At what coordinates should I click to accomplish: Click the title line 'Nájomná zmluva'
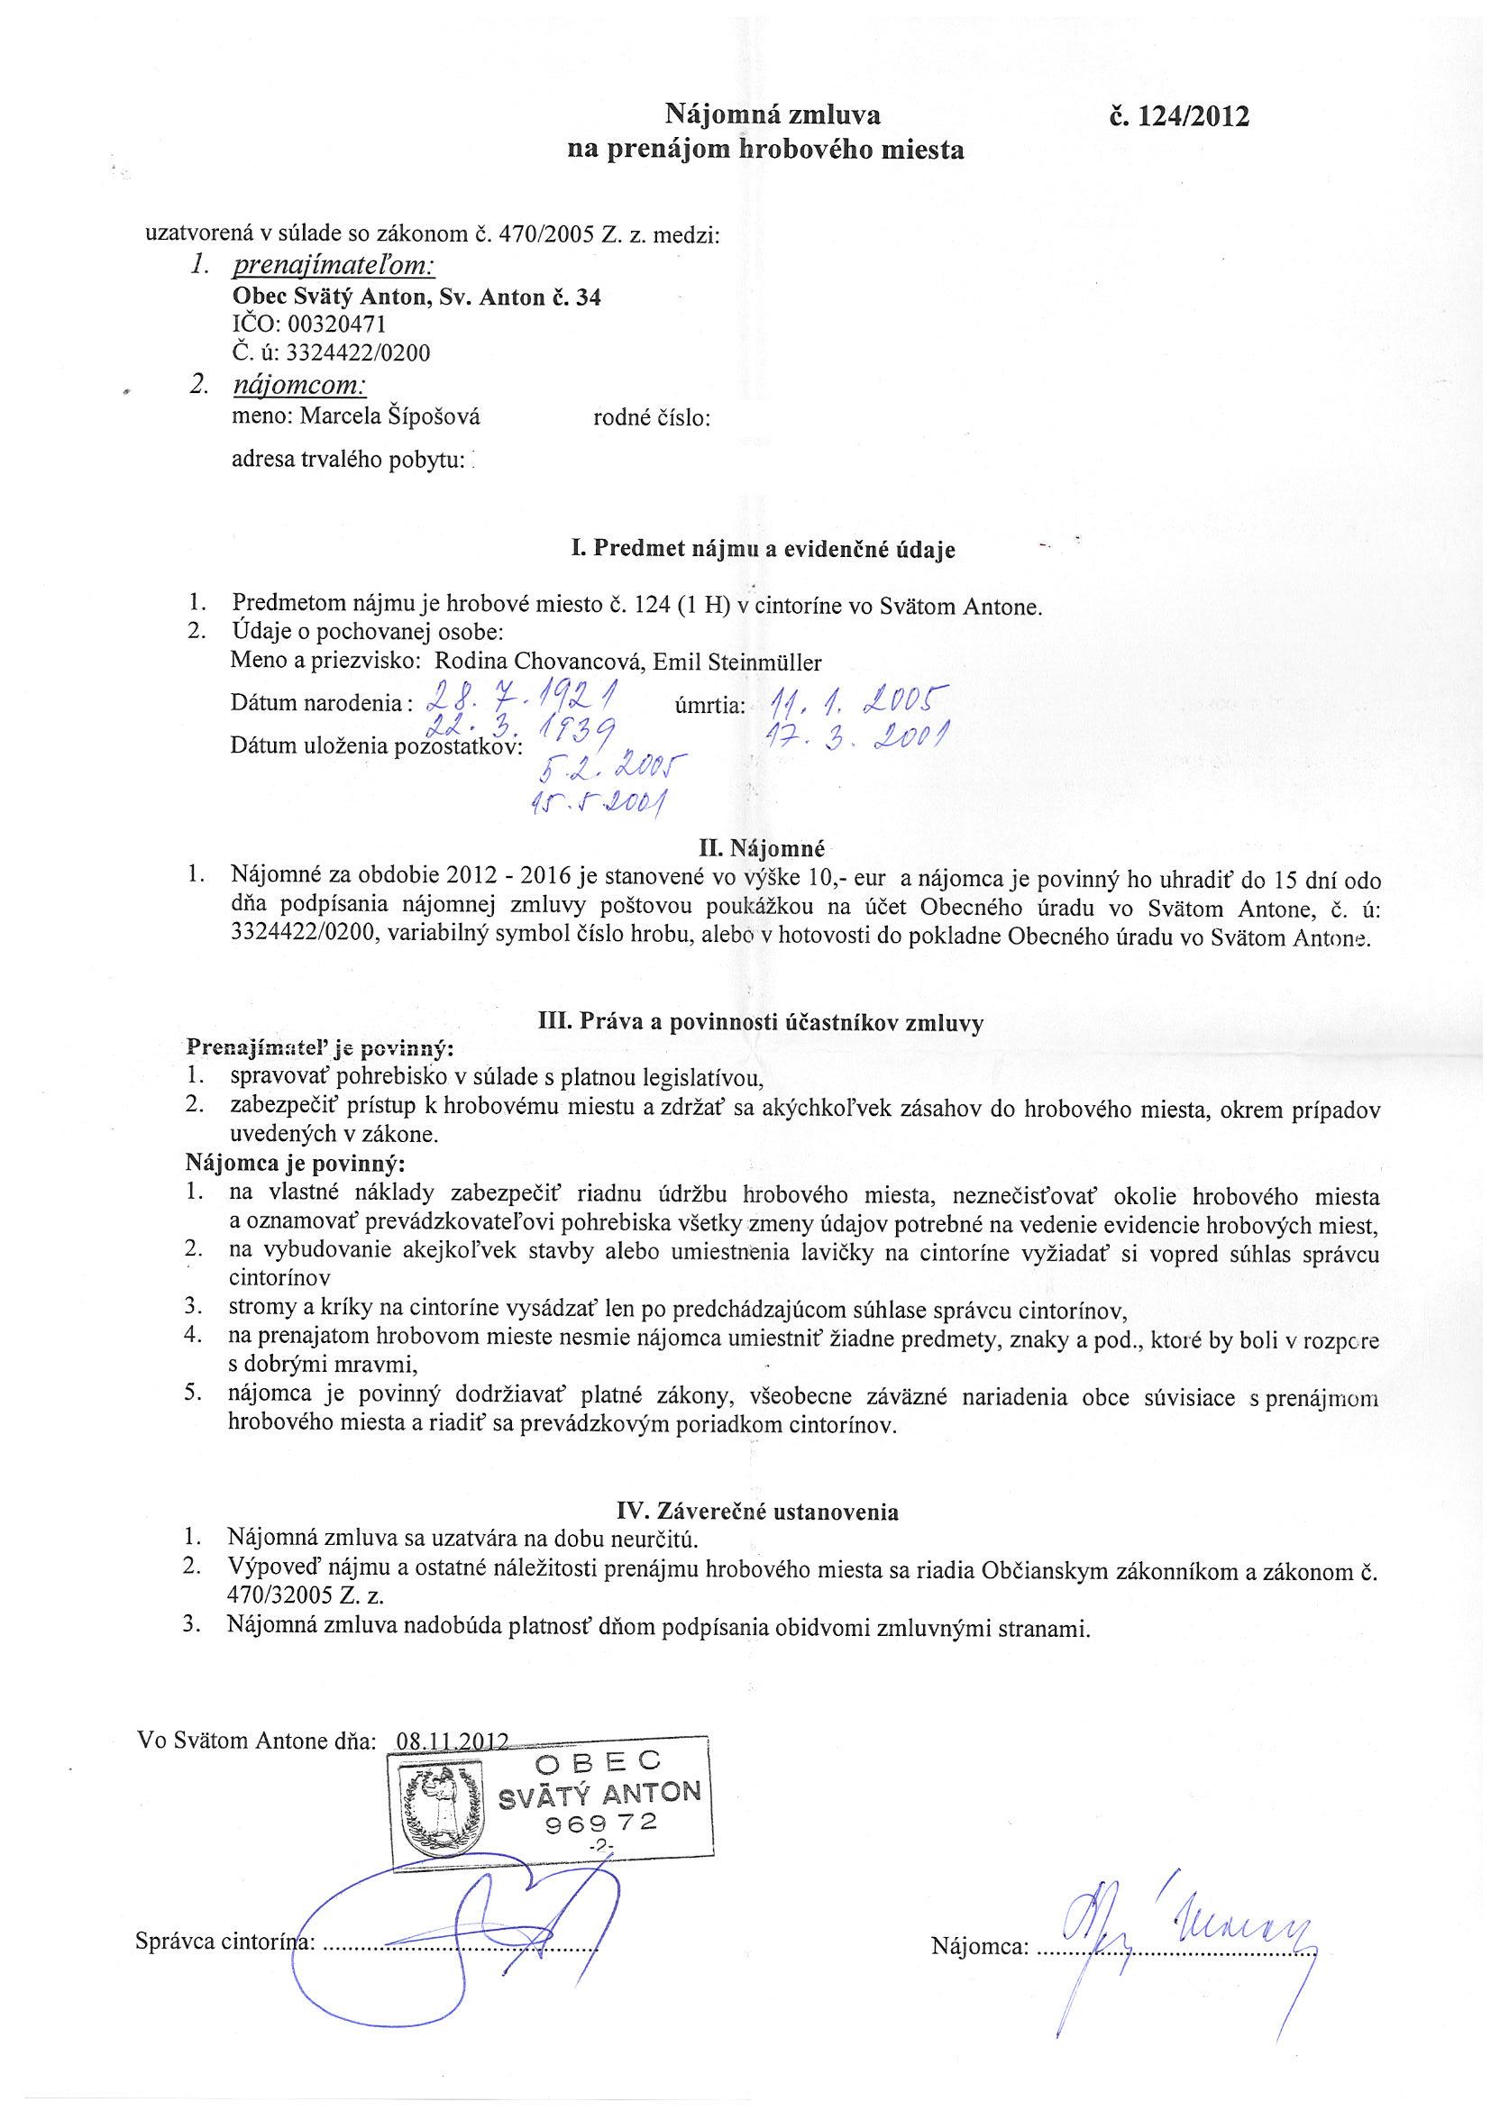(773, 115)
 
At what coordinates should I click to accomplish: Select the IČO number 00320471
(336, 325)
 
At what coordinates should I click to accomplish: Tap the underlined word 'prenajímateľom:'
(334, 267)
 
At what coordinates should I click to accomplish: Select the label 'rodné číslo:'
(651, 418)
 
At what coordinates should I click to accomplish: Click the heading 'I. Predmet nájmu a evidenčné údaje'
(764, 551)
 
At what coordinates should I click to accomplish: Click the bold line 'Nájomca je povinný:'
(296, 1161)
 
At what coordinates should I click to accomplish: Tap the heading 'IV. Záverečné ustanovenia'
(757, 1512)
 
